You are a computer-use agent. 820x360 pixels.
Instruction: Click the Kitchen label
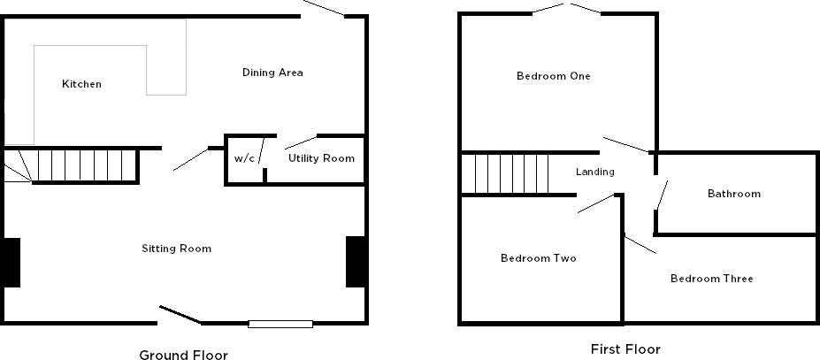(x=81, y=84)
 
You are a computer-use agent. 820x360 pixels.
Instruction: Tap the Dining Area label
(x=272, y=73)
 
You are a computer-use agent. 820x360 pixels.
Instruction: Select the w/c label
(x=244, y=158)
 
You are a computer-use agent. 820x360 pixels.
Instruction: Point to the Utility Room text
(x=321, y=158)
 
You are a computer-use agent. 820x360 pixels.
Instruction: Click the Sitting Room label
(x=177, y=249)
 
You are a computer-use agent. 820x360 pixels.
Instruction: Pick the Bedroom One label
(x=554, y=76)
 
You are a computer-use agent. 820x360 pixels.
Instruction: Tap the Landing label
(x=594, y=172)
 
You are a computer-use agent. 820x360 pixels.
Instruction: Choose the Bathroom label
(x=733, y=194)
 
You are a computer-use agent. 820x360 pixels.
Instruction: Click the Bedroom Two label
(x=539, y=258)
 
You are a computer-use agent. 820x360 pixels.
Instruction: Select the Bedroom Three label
(x=711, y=279)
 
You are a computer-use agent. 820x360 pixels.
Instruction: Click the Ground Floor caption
(x=183, y=356)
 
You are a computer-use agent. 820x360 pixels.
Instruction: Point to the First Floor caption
(x=625, y=349)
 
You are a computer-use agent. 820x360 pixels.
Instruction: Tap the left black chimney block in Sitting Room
(x=11, y=262)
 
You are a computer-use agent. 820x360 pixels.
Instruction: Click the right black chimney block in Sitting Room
(x=356, y=262)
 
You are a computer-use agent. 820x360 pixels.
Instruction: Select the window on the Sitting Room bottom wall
(x=280, y=324)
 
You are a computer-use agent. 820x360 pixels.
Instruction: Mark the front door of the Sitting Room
(x=180, y=315)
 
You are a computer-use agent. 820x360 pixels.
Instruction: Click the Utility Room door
(x=301, y=141)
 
